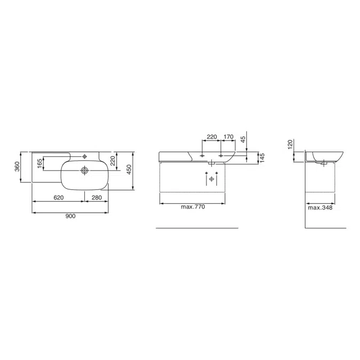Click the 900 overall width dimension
pos(70,217)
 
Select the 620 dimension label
pos(58,198)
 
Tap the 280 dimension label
pos(97,198)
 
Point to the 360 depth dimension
pos(17,166)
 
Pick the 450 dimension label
pos(129,170)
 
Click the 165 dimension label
pos(39,163)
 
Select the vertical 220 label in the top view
pos(113,161)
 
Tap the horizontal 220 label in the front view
pos(212,137)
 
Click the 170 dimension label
pos(228,137)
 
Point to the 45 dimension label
pos(243,139)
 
